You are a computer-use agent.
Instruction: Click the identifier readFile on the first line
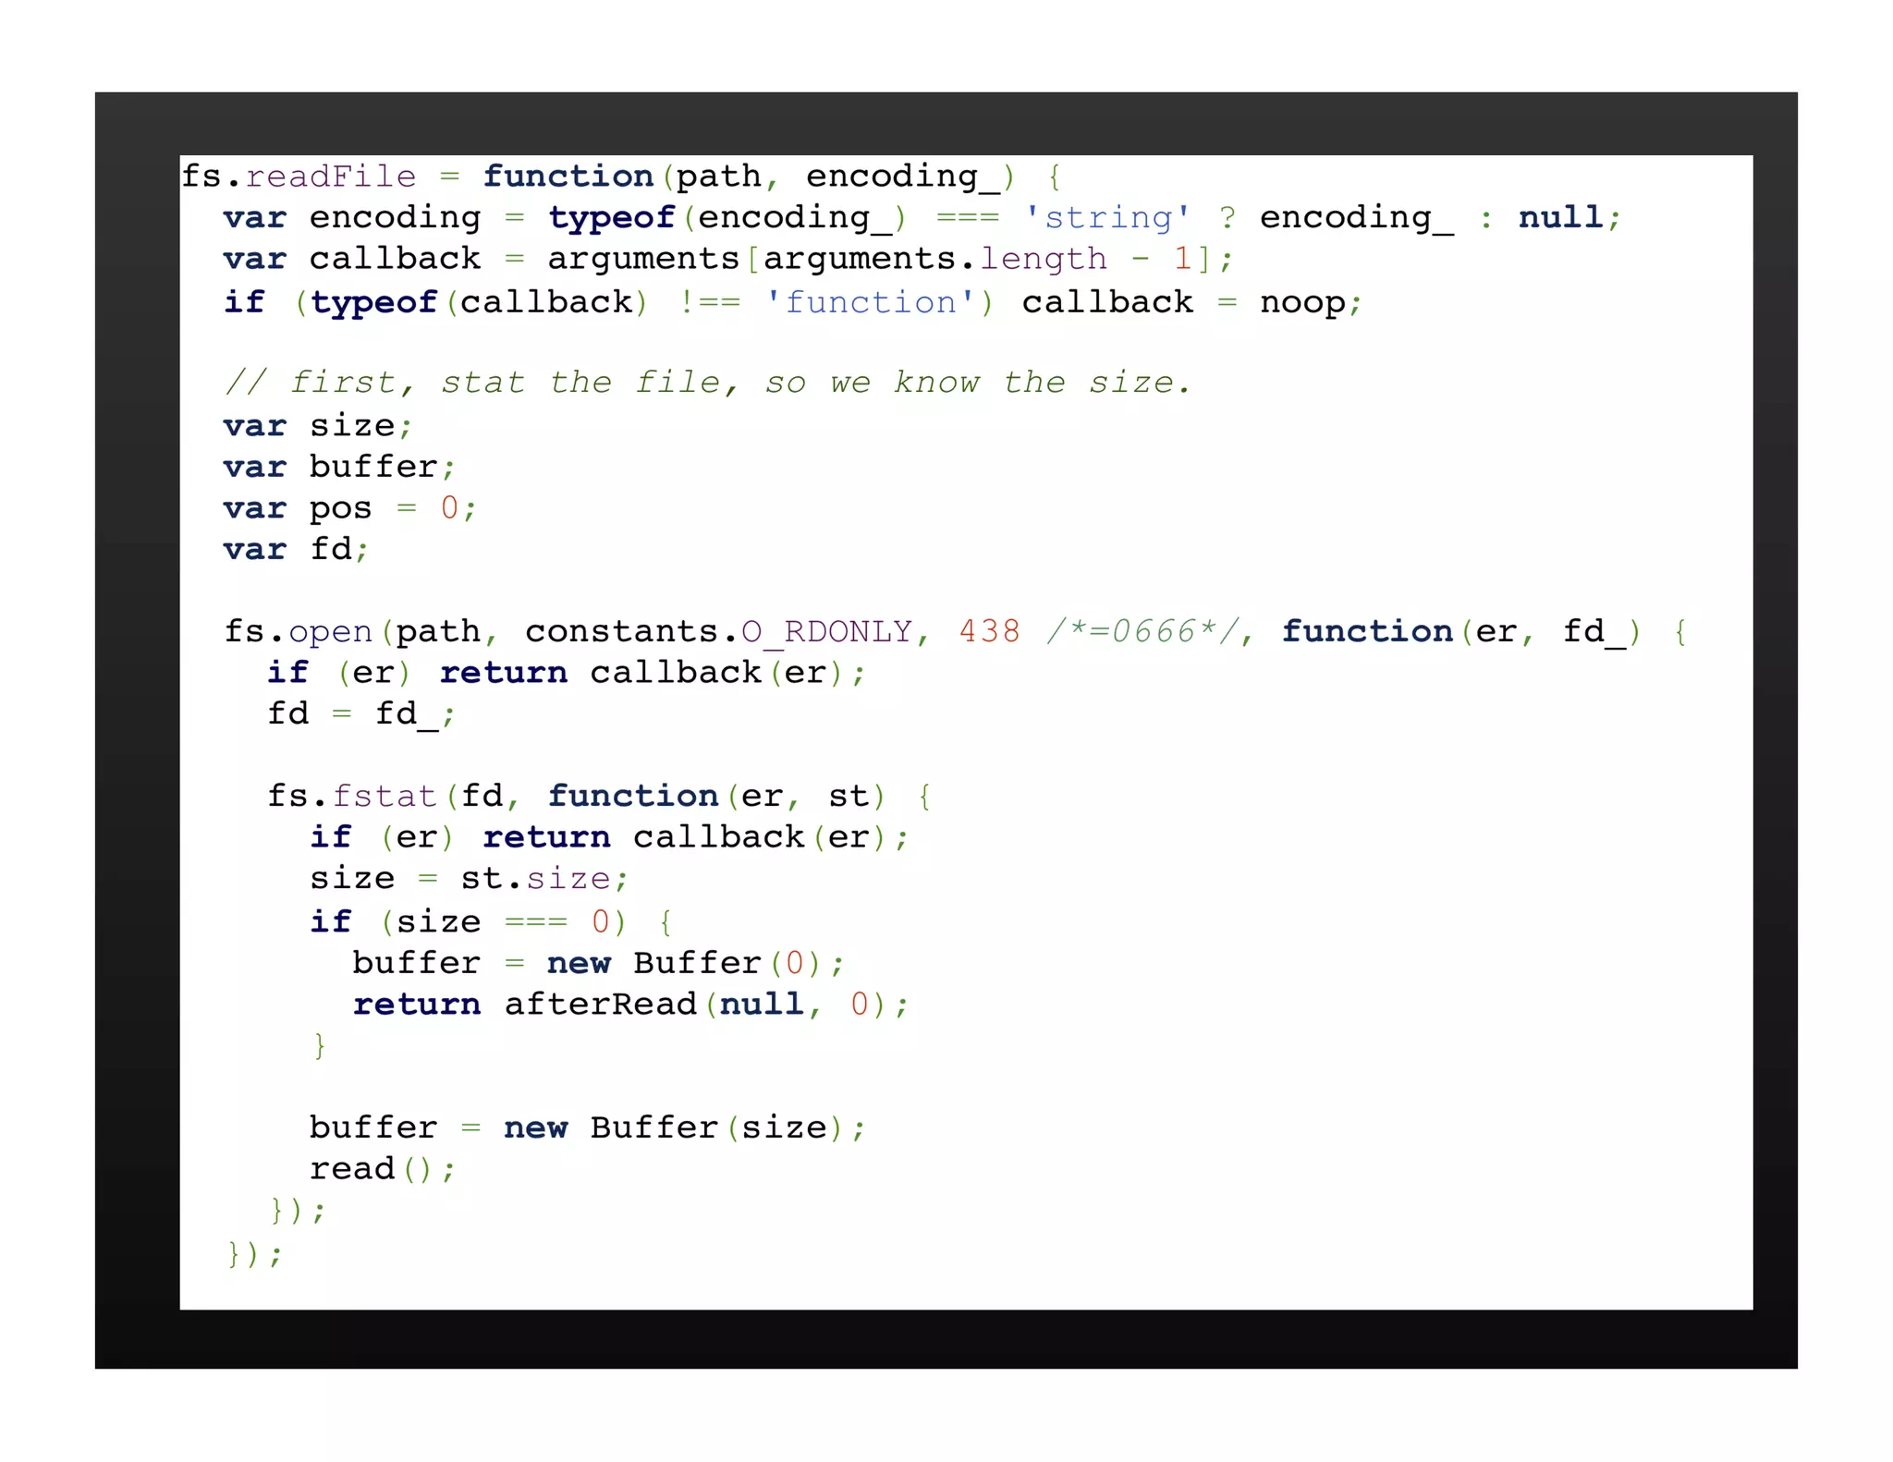[x=331, y=176]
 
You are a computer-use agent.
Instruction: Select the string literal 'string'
[x=1107, y=217]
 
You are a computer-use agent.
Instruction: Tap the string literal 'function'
[x=869, y=302]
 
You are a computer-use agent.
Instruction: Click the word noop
[x=1302, y=302]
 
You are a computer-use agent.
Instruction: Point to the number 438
[x=989, y=631]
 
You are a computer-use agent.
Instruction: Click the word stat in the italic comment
[x=482, y=383]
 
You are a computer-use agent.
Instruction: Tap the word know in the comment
[x=936, y=383]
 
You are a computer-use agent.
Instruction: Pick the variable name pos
[x=340, y=507]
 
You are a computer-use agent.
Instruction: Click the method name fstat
[x=384, y=796]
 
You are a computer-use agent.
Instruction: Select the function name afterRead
[x=600, y=1004]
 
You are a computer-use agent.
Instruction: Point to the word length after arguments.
[x=1043, y=259]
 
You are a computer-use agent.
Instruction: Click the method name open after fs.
[x=330, y=631]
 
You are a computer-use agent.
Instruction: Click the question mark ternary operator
[x=1227, y=217]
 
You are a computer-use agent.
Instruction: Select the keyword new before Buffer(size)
[x=535, y=1127]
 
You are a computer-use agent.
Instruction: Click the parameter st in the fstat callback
[x=848, y=796]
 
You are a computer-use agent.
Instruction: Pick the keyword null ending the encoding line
[x=1560, y=217]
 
